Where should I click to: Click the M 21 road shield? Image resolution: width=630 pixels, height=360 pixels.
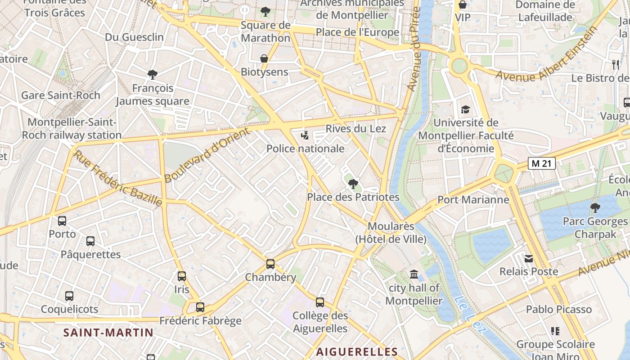click(542, 164)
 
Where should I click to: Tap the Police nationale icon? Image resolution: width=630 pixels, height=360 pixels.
click(306, 135)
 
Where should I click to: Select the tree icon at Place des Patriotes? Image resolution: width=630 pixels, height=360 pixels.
click(353, 184)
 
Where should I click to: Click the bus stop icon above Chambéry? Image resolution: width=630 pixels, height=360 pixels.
click(270, 264)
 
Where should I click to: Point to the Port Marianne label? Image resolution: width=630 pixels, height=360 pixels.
click(473, 199)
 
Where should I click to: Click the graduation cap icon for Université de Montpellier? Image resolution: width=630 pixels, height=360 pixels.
click(465, 109)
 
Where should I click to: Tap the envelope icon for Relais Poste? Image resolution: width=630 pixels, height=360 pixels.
click(529, 258)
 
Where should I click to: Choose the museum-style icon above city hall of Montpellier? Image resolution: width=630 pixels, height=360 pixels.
click(414, 274)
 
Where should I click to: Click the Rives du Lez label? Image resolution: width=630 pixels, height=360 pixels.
click(355, 129)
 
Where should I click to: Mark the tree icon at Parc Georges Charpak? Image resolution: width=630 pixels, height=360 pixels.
click(595, 207)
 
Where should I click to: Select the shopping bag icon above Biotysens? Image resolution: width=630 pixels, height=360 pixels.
click(264, 58)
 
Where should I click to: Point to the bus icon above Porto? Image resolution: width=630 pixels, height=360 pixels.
click(62, 221)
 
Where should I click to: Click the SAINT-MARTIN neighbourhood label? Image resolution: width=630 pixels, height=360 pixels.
click(108, 333)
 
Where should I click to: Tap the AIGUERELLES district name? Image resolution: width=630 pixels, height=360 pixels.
click(357, 352)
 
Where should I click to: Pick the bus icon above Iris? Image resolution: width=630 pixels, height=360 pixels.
click(182, 276)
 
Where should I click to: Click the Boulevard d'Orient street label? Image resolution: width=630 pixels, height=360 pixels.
click(207, 155)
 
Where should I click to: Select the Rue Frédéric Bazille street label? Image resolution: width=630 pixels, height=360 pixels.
click(118, 178)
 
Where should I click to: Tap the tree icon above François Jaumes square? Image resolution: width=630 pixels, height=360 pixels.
click(153, 74)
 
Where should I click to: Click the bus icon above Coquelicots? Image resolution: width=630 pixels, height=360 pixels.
click(69, 296)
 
